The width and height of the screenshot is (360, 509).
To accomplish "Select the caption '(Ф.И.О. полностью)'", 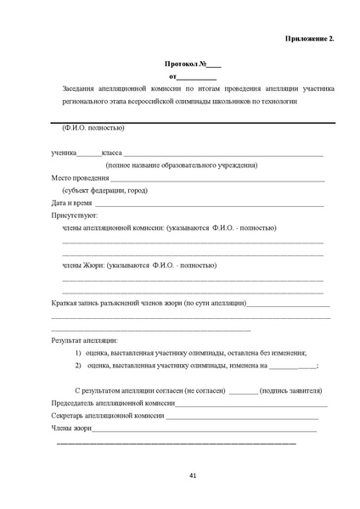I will [93, 129].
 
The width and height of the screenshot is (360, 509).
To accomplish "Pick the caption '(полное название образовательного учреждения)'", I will [182, 165].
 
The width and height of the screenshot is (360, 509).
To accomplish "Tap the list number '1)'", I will [78, 353].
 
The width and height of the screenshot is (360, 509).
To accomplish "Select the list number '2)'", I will [78, 366].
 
